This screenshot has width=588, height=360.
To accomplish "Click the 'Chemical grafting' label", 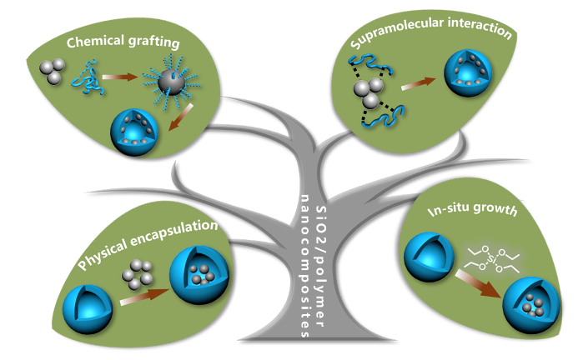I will tap(125, 42).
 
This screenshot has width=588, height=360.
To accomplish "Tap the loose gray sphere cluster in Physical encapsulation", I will tap(134, 272).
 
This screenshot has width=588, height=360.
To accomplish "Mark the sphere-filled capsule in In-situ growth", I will tap(528, 310).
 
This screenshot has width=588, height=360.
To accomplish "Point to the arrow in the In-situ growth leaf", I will tap(476, 291).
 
